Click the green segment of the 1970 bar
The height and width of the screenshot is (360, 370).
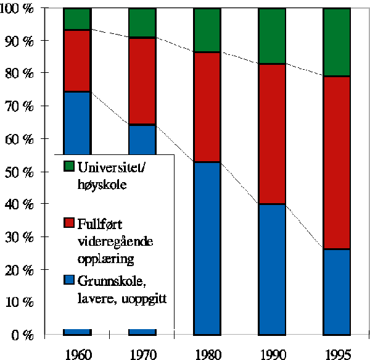point(142,23)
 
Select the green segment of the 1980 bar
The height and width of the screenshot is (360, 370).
point(207,30)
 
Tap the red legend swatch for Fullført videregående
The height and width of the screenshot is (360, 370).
point(69,222)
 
